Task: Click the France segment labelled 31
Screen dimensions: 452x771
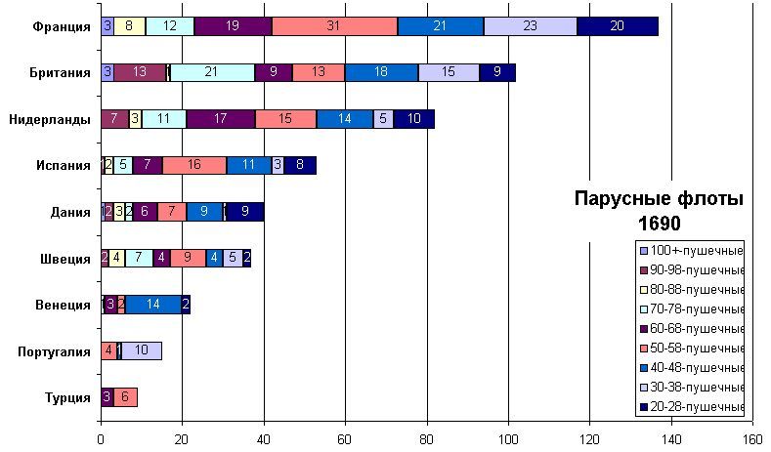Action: pos(334,26)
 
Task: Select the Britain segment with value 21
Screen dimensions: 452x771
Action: pos(212,72)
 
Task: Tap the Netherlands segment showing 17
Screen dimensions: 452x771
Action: pos(221,119)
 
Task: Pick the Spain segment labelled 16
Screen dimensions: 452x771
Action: pos(193,165)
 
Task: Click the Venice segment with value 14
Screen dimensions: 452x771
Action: pos(153,305)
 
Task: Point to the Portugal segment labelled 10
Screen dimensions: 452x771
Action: pos(141,350)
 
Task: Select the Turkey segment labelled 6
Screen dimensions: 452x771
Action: pos(125,397)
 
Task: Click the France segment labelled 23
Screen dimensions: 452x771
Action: pos(530,26)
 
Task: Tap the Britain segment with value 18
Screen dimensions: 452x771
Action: pos(381,72)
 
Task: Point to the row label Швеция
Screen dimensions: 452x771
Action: pos(66,259)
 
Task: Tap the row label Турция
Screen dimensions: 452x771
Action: pos(68,397)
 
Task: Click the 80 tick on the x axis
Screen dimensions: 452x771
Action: pos(426,439)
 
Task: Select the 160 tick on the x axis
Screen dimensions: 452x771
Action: pos(751,439)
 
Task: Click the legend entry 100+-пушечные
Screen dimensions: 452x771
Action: pos(696,250)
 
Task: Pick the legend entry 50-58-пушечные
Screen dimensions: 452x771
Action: pos(696,348)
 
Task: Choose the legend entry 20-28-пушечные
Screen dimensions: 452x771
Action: pos(696,406)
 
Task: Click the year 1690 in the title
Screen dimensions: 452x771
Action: pos(659,224)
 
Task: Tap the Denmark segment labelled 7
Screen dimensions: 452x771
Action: pos(171,212)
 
